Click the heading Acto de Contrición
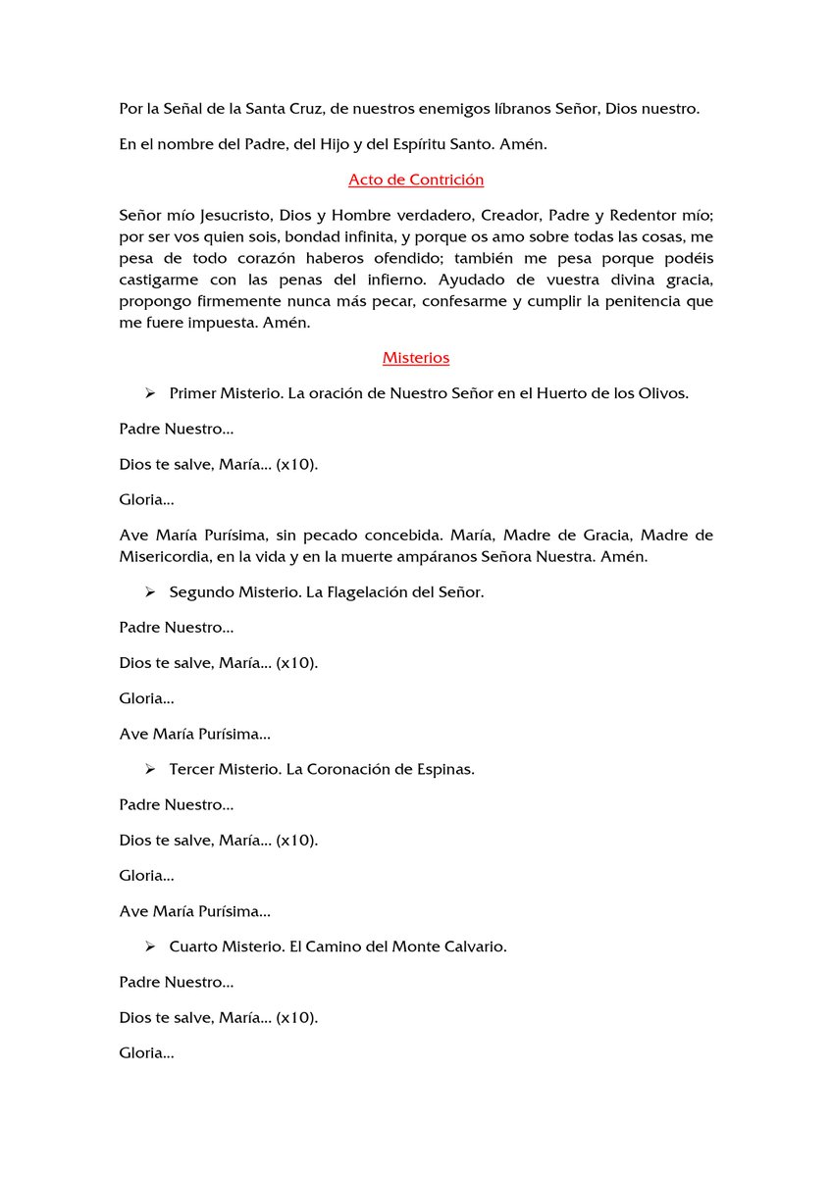coord(416,179)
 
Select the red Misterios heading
coord(416,358)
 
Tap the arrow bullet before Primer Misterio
coord(150,393)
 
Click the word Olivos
coord(664,393)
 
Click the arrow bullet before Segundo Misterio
coord(150,592)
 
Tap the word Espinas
coord(446,769)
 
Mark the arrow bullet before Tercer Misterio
coord(150,769)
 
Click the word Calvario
coord(474,947)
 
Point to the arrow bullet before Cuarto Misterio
coord(150,947)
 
